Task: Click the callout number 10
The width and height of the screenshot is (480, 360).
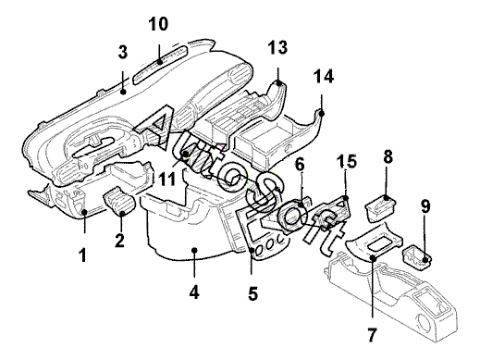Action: click(158, 24)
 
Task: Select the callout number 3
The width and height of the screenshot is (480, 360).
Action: click(123, 52)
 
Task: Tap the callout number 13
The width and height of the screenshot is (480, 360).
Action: click(277, 47)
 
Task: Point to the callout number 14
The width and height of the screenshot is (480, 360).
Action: click(324, 77)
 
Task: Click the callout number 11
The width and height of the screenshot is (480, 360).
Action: click(167, 179)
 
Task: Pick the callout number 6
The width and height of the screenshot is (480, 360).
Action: click(300, 165)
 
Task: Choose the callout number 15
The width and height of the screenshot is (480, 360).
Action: click(346, 161)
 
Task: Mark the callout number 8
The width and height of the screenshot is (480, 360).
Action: click(388, 156)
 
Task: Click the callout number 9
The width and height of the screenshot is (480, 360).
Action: click(425, 206)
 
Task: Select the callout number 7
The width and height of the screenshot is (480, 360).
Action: click(372, 335)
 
